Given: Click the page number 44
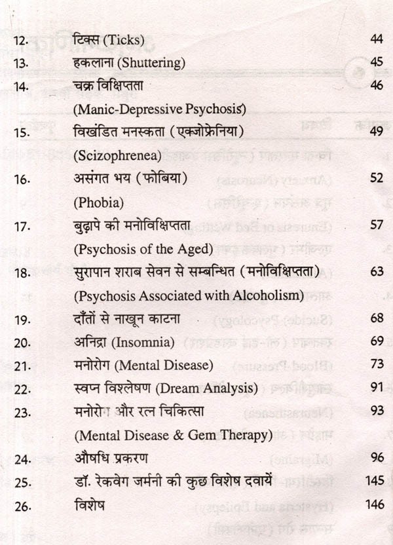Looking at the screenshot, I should (375, 41).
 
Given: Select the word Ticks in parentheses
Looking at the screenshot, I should (119, 41).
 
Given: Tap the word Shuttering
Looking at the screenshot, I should (151, 64).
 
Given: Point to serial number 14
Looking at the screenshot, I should (21, 86).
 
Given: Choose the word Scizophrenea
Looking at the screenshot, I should (109, 157).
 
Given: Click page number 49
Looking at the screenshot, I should (375, 133).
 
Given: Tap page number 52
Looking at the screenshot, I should (375, 179).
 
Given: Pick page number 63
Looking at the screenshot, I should (375, 272).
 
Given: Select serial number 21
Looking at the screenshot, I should (22, 365).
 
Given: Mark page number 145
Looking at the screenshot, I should (374, 481).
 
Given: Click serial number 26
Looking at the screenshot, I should (22, 505).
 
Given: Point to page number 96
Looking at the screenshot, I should (375, 458).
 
